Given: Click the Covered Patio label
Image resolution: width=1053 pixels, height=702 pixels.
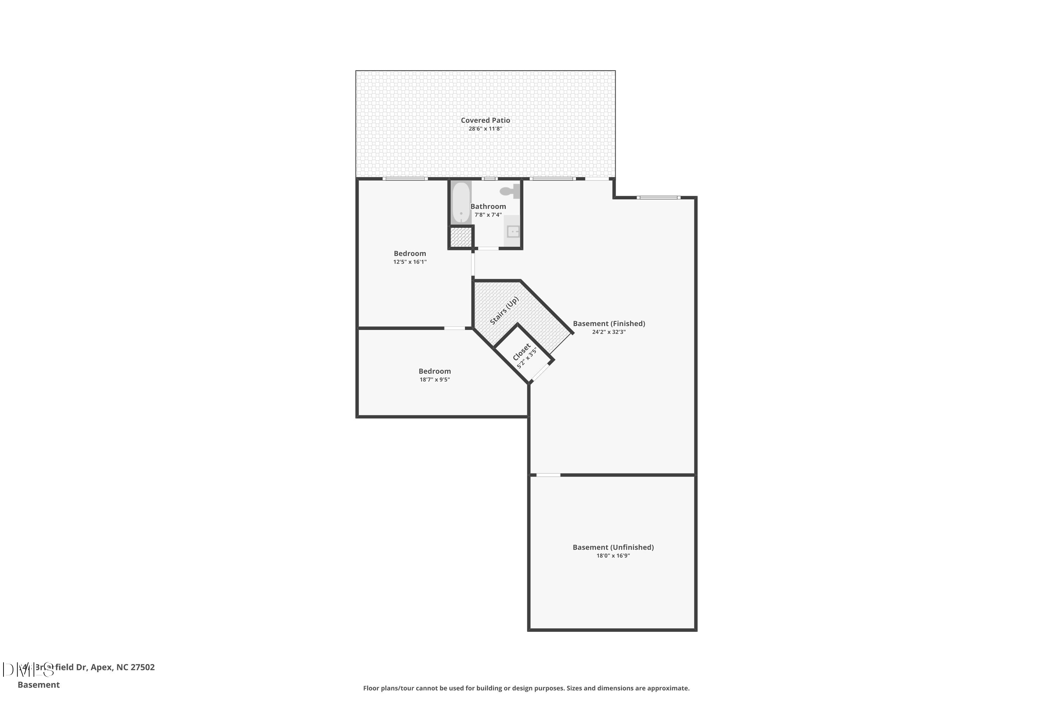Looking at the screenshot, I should pyautogui.click(x=485, y=120).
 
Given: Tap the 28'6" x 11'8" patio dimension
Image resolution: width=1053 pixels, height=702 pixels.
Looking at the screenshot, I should pyautogui.click(x=485, y=129).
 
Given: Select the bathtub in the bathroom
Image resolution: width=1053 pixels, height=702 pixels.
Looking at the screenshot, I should pyautogui.click(x=461, y=203).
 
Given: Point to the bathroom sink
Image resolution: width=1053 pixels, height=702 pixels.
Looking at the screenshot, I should pyautogui.click(x=512, y=231).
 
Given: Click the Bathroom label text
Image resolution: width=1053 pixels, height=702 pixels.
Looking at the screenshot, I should pyautogui.click(x=488, y=206).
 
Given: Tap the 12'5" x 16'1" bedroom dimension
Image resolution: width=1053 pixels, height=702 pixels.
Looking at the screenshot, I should pyautogui.click(x=410, y=262).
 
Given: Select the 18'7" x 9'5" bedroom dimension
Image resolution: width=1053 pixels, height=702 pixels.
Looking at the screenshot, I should pyautogui.click(x=434, y=380).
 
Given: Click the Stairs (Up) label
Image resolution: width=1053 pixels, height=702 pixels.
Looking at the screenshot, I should pyautogui.click(x=504, y=310).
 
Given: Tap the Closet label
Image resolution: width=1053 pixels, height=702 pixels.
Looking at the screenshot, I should pyautogui.click(x=521, y=352).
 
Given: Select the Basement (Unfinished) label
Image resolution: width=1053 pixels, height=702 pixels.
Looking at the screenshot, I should pyautogui.click(x=613, y=547).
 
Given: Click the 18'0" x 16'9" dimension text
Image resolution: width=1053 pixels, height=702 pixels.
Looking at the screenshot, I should pyautogui.click(x=613, y=556).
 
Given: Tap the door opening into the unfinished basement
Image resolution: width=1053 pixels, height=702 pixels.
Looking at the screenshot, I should pyautogui.click(x=548, y=475).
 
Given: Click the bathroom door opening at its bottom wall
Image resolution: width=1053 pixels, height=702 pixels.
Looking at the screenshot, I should pyautogui.click(x=488, y=249).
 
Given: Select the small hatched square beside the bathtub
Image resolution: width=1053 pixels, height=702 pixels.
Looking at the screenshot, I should pyautogui.click(x=461, y=237).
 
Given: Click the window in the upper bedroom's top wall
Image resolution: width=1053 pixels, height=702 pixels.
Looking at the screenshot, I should pyautogui.click(x=405, y=179).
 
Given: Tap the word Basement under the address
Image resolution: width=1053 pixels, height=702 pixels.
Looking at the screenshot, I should pyautogui.click(x=39, y=684).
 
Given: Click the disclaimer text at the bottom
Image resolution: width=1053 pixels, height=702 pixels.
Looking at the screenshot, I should pyautogui.click(x=526, y=688).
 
